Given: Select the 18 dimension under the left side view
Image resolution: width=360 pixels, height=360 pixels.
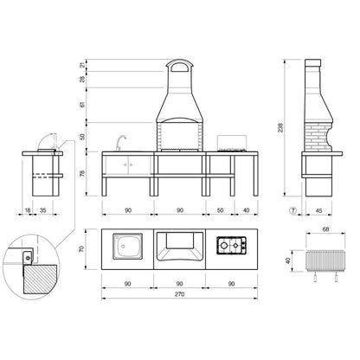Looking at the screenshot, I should click(29, 210).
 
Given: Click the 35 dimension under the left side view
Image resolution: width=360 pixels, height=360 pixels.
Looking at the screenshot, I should click(45, 210).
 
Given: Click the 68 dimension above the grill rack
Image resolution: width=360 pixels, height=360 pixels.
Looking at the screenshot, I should click(325, 229).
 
